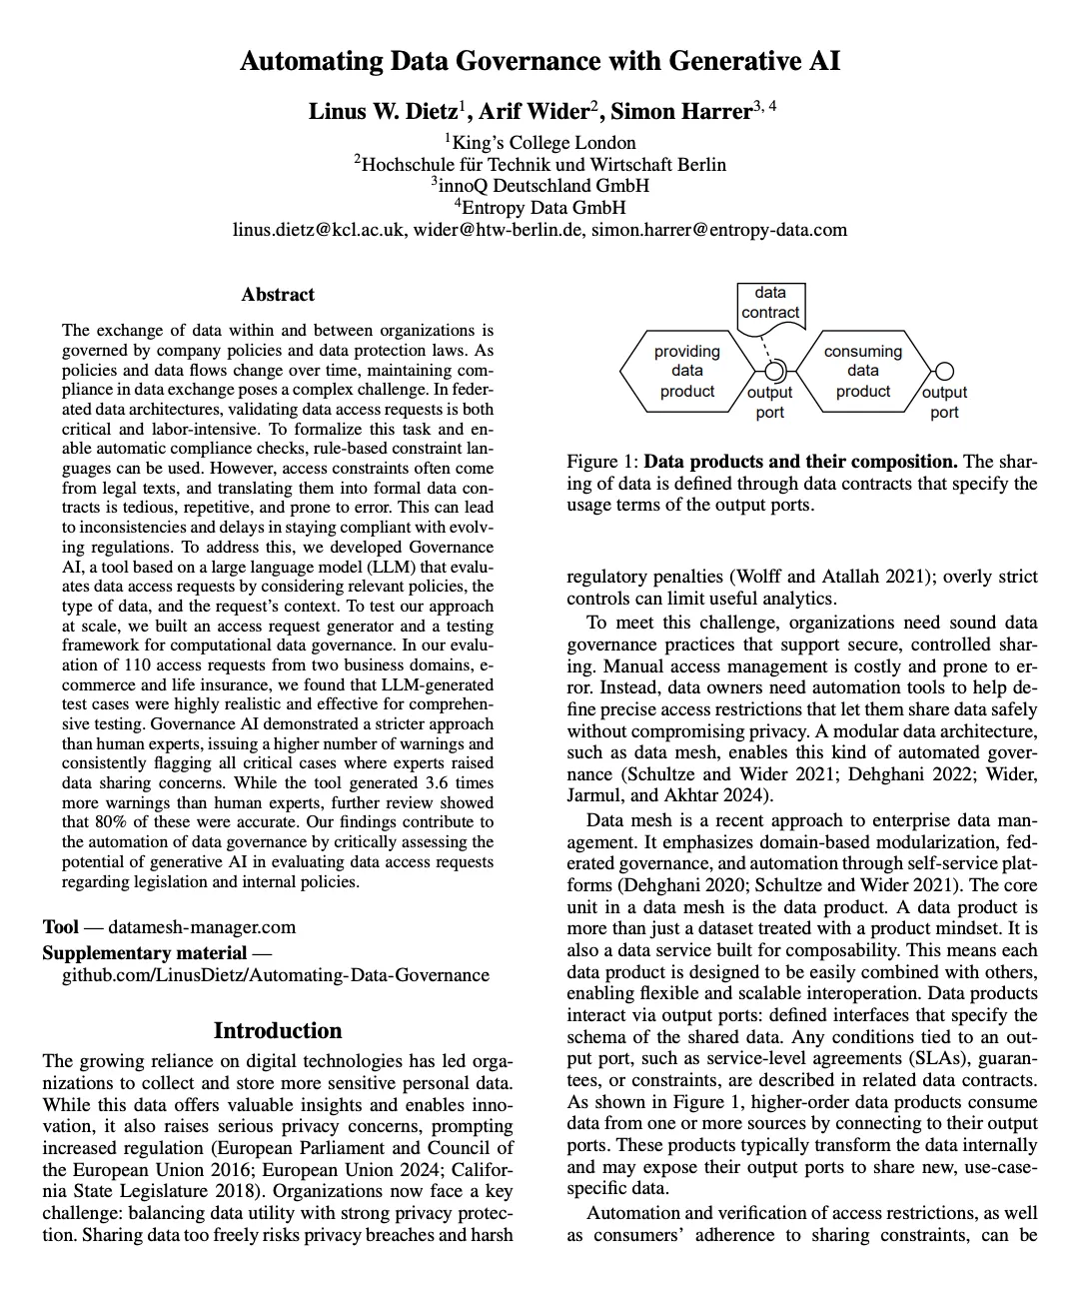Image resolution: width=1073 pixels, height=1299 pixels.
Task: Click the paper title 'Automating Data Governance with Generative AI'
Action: pos(539,62)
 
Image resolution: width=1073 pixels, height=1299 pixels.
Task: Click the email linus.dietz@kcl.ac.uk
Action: pos(319,230)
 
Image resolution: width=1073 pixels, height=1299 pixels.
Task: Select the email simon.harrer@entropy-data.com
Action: pos(718,230)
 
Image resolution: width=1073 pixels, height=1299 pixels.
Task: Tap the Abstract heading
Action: pos(277,295)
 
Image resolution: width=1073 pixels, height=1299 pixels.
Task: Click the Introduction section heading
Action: pos(277,1030)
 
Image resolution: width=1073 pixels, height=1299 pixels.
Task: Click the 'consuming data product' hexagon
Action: pos(862,371)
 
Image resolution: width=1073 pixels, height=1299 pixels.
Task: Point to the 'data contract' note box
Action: pos(769,303)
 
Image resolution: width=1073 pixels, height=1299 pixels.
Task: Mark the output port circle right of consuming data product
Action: pos(944,371)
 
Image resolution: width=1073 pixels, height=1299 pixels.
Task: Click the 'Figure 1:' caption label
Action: pos(602,462)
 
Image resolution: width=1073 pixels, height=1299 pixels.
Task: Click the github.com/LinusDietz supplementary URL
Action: pos(276,975)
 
